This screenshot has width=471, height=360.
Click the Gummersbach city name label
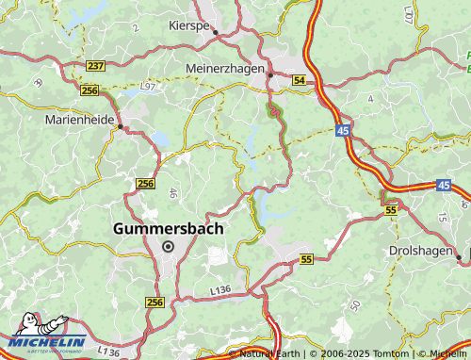pos(168,228)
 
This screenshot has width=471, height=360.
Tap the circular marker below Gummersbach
pos(169,247)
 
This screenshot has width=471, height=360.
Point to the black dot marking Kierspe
pos(216,33)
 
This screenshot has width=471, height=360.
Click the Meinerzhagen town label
pos(229,69)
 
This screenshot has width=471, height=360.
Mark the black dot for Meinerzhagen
pos(270,74)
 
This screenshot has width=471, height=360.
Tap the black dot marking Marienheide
pos(120,126)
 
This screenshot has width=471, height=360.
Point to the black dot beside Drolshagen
pos(459,256)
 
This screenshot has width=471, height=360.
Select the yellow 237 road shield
pos(94,65)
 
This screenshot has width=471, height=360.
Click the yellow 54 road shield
pos(299,82)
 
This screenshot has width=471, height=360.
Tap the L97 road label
pos(149,87)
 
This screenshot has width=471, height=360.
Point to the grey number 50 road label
pos(354,305)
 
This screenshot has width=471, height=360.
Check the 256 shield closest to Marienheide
pos(89,90)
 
